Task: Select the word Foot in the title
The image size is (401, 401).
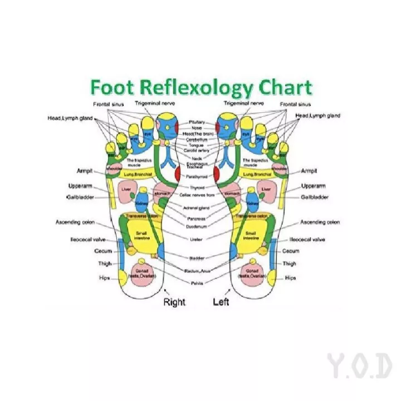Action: pyautogui.click(x=111, y=87)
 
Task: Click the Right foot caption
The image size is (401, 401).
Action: pyautogui.click(x=174, y=302)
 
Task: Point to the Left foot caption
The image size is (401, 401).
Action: pyautogui.click(x=221, y=302)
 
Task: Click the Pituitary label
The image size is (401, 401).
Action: pyautogui.click(x=197, y=121)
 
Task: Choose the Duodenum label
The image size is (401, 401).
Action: pyautogui.click(x=197, y=227)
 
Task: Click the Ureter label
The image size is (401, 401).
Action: pyautogui.click(x=197, y=239)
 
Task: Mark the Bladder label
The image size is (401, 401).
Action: pyautogui.click(x=197, y=258)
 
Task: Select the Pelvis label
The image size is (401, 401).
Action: pyautogui.click(x=197, y=283)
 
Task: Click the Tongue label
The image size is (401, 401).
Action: pyautogui.click(x=197, y=145)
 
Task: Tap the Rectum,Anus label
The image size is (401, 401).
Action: pyautogui.click(x=197, y=271)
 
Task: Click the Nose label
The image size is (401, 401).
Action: pyautogui.click(x=197, y=128)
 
